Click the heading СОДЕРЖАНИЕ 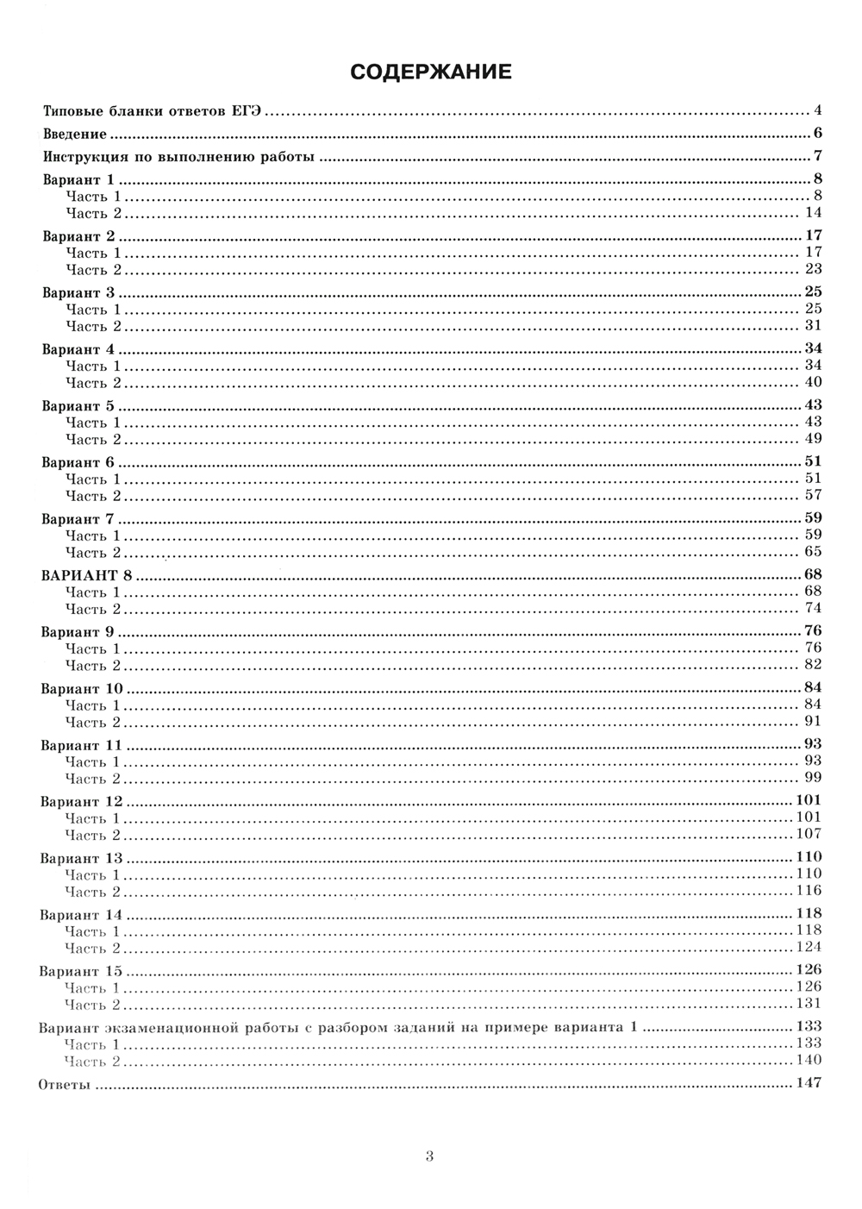pos(430,72)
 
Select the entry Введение pos(75,134)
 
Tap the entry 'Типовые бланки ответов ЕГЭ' pos(152,111)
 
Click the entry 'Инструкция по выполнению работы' pos(178,157)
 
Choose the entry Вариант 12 pos(82,801)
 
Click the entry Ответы pos(65,1084)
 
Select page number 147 pos(809,1083)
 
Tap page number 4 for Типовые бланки pos(816,110)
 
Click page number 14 pos(813,213)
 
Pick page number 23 pos(813,269)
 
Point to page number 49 pos(813,439)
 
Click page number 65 pos(813,552)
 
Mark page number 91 pos(813,722)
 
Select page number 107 pos(809,834)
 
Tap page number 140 pos(809,1061)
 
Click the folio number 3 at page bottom pos(429,1156)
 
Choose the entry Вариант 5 pos(78,405)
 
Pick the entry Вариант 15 pos(81,971)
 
